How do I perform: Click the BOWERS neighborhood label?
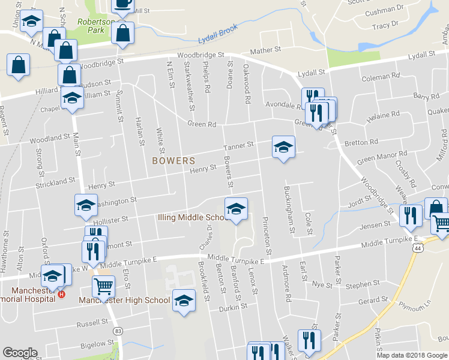click(173, 161)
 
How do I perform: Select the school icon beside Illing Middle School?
click(236, 209)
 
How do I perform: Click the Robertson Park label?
click(95, 25)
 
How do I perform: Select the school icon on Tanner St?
click(283, 146)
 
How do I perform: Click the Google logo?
click(20, 353)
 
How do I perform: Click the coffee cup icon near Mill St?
click(122, 4)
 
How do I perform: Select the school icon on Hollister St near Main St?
click(85, 206)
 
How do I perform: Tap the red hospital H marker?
click(61, 295)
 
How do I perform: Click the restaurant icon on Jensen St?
click(411, 215)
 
